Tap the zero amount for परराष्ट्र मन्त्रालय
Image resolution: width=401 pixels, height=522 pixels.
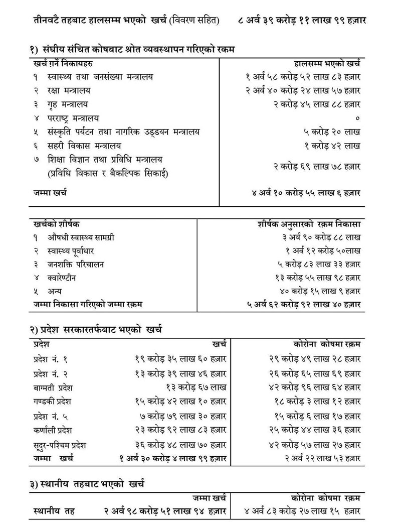[357, 118]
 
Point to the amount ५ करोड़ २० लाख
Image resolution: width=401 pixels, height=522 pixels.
[332, 132]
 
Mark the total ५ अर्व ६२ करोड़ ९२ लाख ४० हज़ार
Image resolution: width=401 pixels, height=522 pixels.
[304, 304]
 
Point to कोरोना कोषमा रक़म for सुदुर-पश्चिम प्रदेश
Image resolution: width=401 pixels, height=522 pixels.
[314, 445]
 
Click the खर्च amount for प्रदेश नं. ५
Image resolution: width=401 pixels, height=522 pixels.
[183, 416]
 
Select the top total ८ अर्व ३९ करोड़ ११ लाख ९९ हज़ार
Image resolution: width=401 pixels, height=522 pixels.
[303, 21]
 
